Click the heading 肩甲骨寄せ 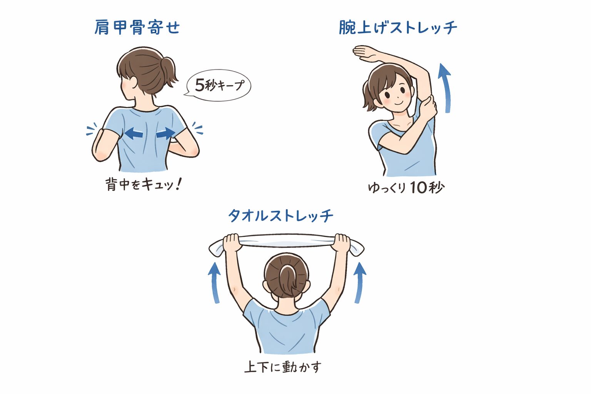coord(137,28)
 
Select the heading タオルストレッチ coord(280,216)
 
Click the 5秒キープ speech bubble coord(219,85)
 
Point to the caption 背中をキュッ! coord(144,184)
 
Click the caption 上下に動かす coord(283,367)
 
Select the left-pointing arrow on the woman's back coord(134,134)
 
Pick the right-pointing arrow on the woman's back coord(166,134)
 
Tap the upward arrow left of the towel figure coord(215,283)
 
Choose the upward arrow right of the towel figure coord(359,283)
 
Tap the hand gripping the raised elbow coord(428,108)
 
